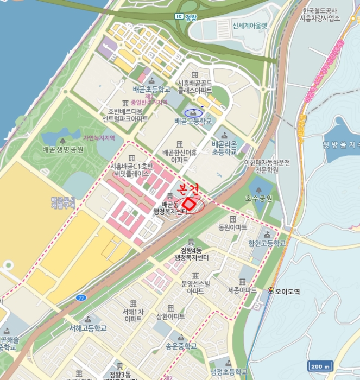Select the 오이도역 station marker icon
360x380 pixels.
pos(271,291)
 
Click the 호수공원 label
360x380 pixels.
pos(257,198)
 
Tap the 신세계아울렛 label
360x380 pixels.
pos(250,25)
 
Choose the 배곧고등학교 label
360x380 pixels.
pos(193,121)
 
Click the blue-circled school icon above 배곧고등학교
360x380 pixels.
pos(193,112)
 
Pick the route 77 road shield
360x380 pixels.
pos(81,298)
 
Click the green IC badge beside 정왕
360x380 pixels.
pos(179,16)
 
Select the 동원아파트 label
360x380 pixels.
pos(232,227)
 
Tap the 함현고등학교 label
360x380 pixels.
pos(267,243)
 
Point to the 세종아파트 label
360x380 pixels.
pos(242,290)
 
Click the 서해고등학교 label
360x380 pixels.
pos(88,328)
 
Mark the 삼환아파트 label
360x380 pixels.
pos(170,316)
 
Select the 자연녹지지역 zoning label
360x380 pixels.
pos(99,138)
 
